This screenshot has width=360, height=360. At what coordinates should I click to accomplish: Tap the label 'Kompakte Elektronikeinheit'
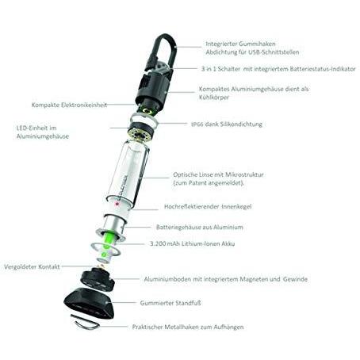(69, 105)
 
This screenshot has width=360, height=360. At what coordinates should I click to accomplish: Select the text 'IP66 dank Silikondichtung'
(227, 124)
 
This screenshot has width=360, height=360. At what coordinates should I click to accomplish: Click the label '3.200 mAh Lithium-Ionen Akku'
(193, 243)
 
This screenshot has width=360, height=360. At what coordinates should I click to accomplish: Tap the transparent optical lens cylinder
(128, 173)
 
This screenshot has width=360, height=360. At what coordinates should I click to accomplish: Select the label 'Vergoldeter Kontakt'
(32, 266)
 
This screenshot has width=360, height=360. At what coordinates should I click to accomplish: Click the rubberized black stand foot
(90, 303)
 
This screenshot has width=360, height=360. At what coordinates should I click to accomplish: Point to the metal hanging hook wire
(85, 323)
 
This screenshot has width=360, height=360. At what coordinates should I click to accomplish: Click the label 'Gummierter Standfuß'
(170, 303)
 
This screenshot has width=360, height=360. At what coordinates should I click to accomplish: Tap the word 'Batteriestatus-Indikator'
(323, 69)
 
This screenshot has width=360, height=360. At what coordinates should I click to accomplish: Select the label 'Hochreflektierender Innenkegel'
(208, 206)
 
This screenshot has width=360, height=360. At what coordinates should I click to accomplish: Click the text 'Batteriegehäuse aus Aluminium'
(200, 228)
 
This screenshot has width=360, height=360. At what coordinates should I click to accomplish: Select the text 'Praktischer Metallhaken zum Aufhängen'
(188, 327)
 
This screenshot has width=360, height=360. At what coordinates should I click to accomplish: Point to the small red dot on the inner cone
(116, 204)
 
